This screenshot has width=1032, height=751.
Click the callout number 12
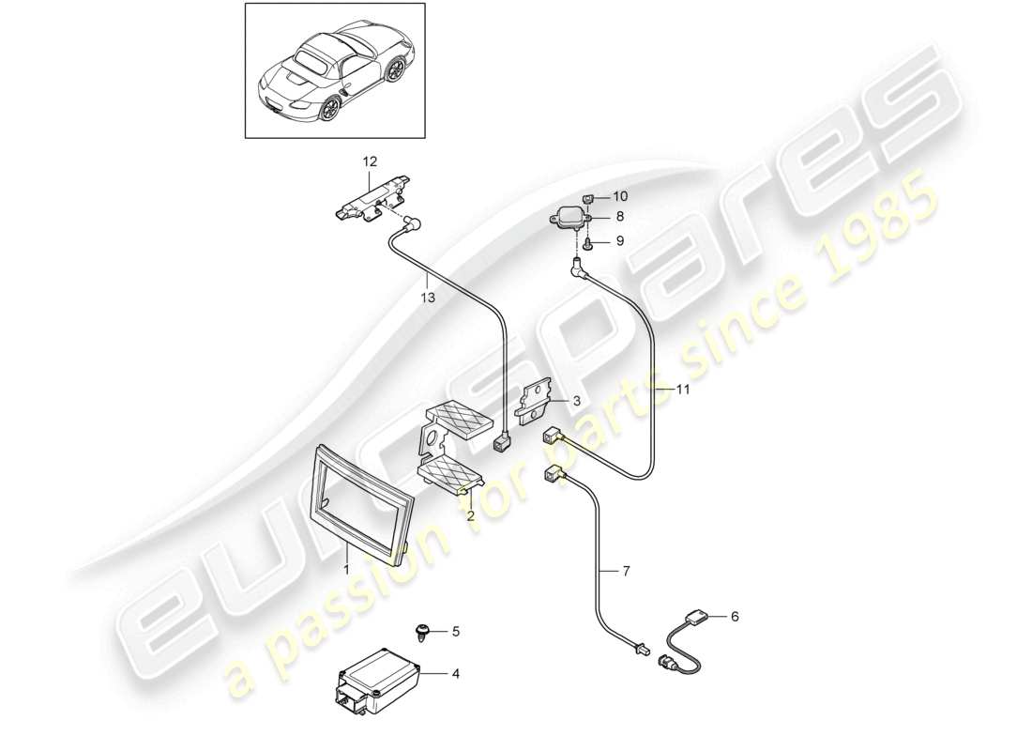(x=368, y=162)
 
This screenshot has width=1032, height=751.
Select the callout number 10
(x=620, y=196)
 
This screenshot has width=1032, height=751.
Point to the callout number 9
(x=620, y=241)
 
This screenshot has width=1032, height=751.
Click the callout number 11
(x=682, y=389)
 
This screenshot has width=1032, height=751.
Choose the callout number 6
(x=735, y=616)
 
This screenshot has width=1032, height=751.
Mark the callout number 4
(x=456, y=672)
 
